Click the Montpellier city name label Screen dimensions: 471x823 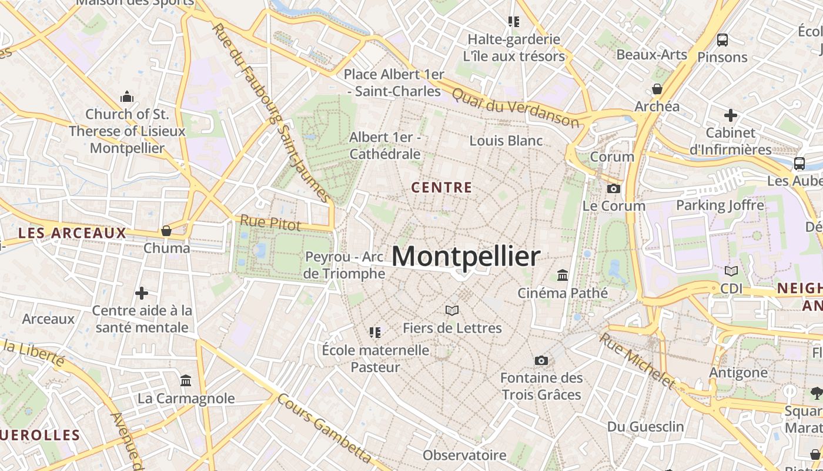pyautogui.click(x=466, y=257)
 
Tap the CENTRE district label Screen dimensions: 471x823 pyautogui.click(x=441, y=188)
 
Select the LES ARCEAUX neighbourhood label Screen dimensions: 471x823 pyautogui.click(x=72, y=233)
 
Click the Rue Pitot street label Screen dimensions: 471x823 pyautogui.click(x=270, y=223)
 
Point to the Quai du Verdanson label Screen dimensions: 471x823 pyautogui.click(x=516, y=108)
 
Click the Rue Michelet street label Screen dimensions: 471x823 pyautogui.click(x=637, y=360)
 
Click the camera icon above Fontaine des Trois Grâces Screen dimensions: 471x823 pyautogui.click(x=541, y=360)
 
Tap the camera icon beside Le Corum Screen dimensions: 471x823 pyautogui.click(x=613, y=188)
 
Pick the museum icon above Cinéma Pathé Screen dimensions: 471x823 pyautogui.click(x=563, y=275)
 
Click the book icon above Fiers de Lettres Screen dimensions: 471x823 pyautogui.click(x=451, y=310)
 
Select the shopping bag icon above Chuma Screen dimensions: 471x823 pyautogui.click(x=166, y=231)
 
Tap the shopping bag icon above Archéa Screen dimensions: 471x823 pyautogui.click(x=657, y=89)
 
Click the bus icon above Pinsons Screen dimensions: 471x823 pyautogui.click(x=722, y=40)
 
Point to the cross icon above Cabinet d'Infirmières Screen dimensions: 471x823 pyautogui.click(x=730, y=115)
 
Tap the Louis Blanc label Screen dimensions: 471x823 pyautogui.click(x=506, y=141)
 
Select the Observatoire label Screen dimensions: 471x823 pyautogui.click(x=464, y=455)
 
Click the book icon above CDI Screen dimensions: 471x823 pyautogui.click(x=731, y=271)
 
